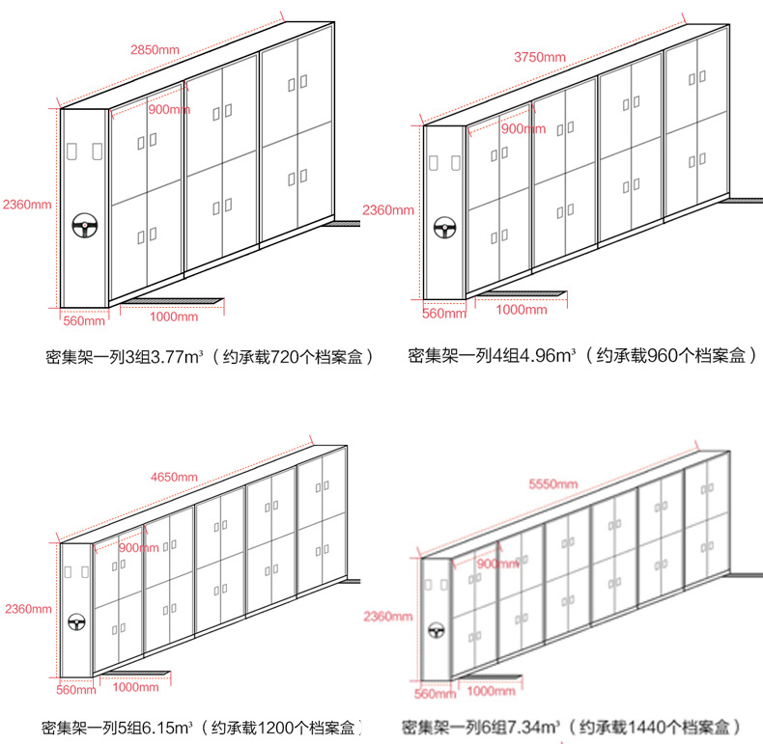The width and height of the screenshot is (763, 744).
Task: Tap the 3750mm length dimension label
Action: pyautogui.click(x=541, y=57)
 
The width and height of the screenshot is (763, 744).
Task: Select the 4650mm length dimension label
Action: pyautogui.click(x=174, y=477)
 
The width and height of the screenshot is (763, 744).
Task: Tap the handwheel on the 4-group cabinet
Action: pyautogui.click(x=445, y=229)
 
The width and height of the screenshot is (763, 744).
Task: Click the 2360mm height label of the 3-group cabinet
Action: pyautogui.click(x=26, y=205)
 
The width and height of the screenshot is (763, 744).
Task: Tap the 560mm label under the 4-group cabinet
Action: pyautogui.click(x=445, y=313)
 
